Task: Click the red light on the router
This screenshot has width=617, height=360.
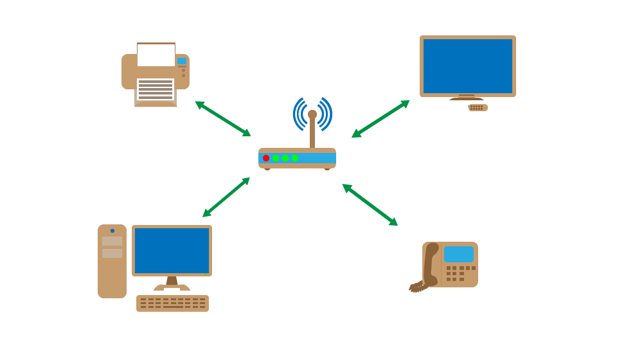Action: click(266, 158)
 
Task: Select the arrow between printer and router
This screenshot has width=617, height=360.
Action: click(222, 118)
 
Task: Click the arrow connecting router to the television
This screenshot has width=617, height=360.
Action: click(380, 119)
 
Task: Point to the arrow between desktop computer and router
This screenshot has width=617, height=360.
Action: click(226, 197)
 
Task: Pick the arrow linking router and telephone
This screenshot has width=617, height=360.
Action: click(370, 204)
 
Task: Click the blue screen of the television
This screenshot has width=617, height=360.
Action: click(468, 66)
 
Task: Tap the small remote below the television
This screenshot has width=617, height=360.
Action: click(478, 107)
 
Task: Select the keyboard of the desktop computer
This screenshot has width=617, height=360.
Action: click(172, 303)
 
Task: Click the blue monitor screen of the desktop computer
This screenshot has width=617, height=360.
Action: click(172, 250)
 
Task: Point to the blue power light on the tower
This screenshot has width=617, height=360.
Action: click(112, 231)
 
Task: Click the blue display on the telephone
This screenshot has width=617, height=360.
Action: click(459, 254)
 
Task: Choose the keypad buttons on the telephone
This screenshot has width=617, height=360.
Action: click(460, 273)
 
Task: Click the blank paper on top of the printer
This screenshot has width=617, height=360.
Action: click(156, 55)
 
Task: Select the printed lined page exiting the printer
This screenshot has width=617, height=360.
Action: click(156, 89)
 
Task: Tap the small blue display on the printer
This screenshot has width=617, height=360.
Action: click(182, 61)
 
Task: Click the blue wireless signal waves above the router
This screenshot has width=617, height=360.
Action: click(312, 106)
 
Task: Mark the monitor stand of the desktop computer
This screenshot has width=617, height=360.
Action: click(172, 283)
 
